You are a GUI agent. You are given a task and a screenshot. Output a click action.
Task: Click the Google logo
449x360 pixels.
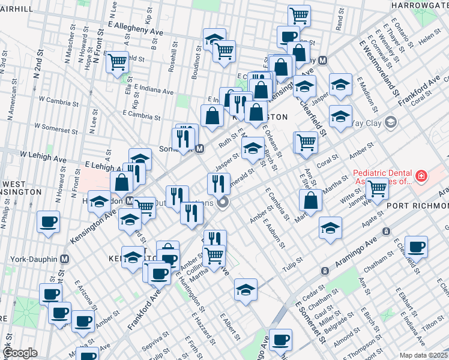click(19, 353)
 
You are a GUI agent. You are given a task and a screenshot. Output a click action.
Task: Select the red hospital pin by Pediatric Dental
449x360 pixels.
click(421, 176)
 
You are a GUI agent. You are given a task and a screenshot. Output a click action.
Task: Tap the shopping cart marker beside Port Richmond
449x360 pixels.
click(378, 188)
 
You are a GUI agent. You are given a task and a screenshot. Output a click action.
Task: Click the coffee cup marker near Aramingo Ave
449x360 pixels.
click(416, 247)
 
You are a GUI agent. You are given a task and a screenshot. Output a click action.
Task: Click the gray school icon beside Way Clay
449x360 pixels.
click(391, 123)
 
